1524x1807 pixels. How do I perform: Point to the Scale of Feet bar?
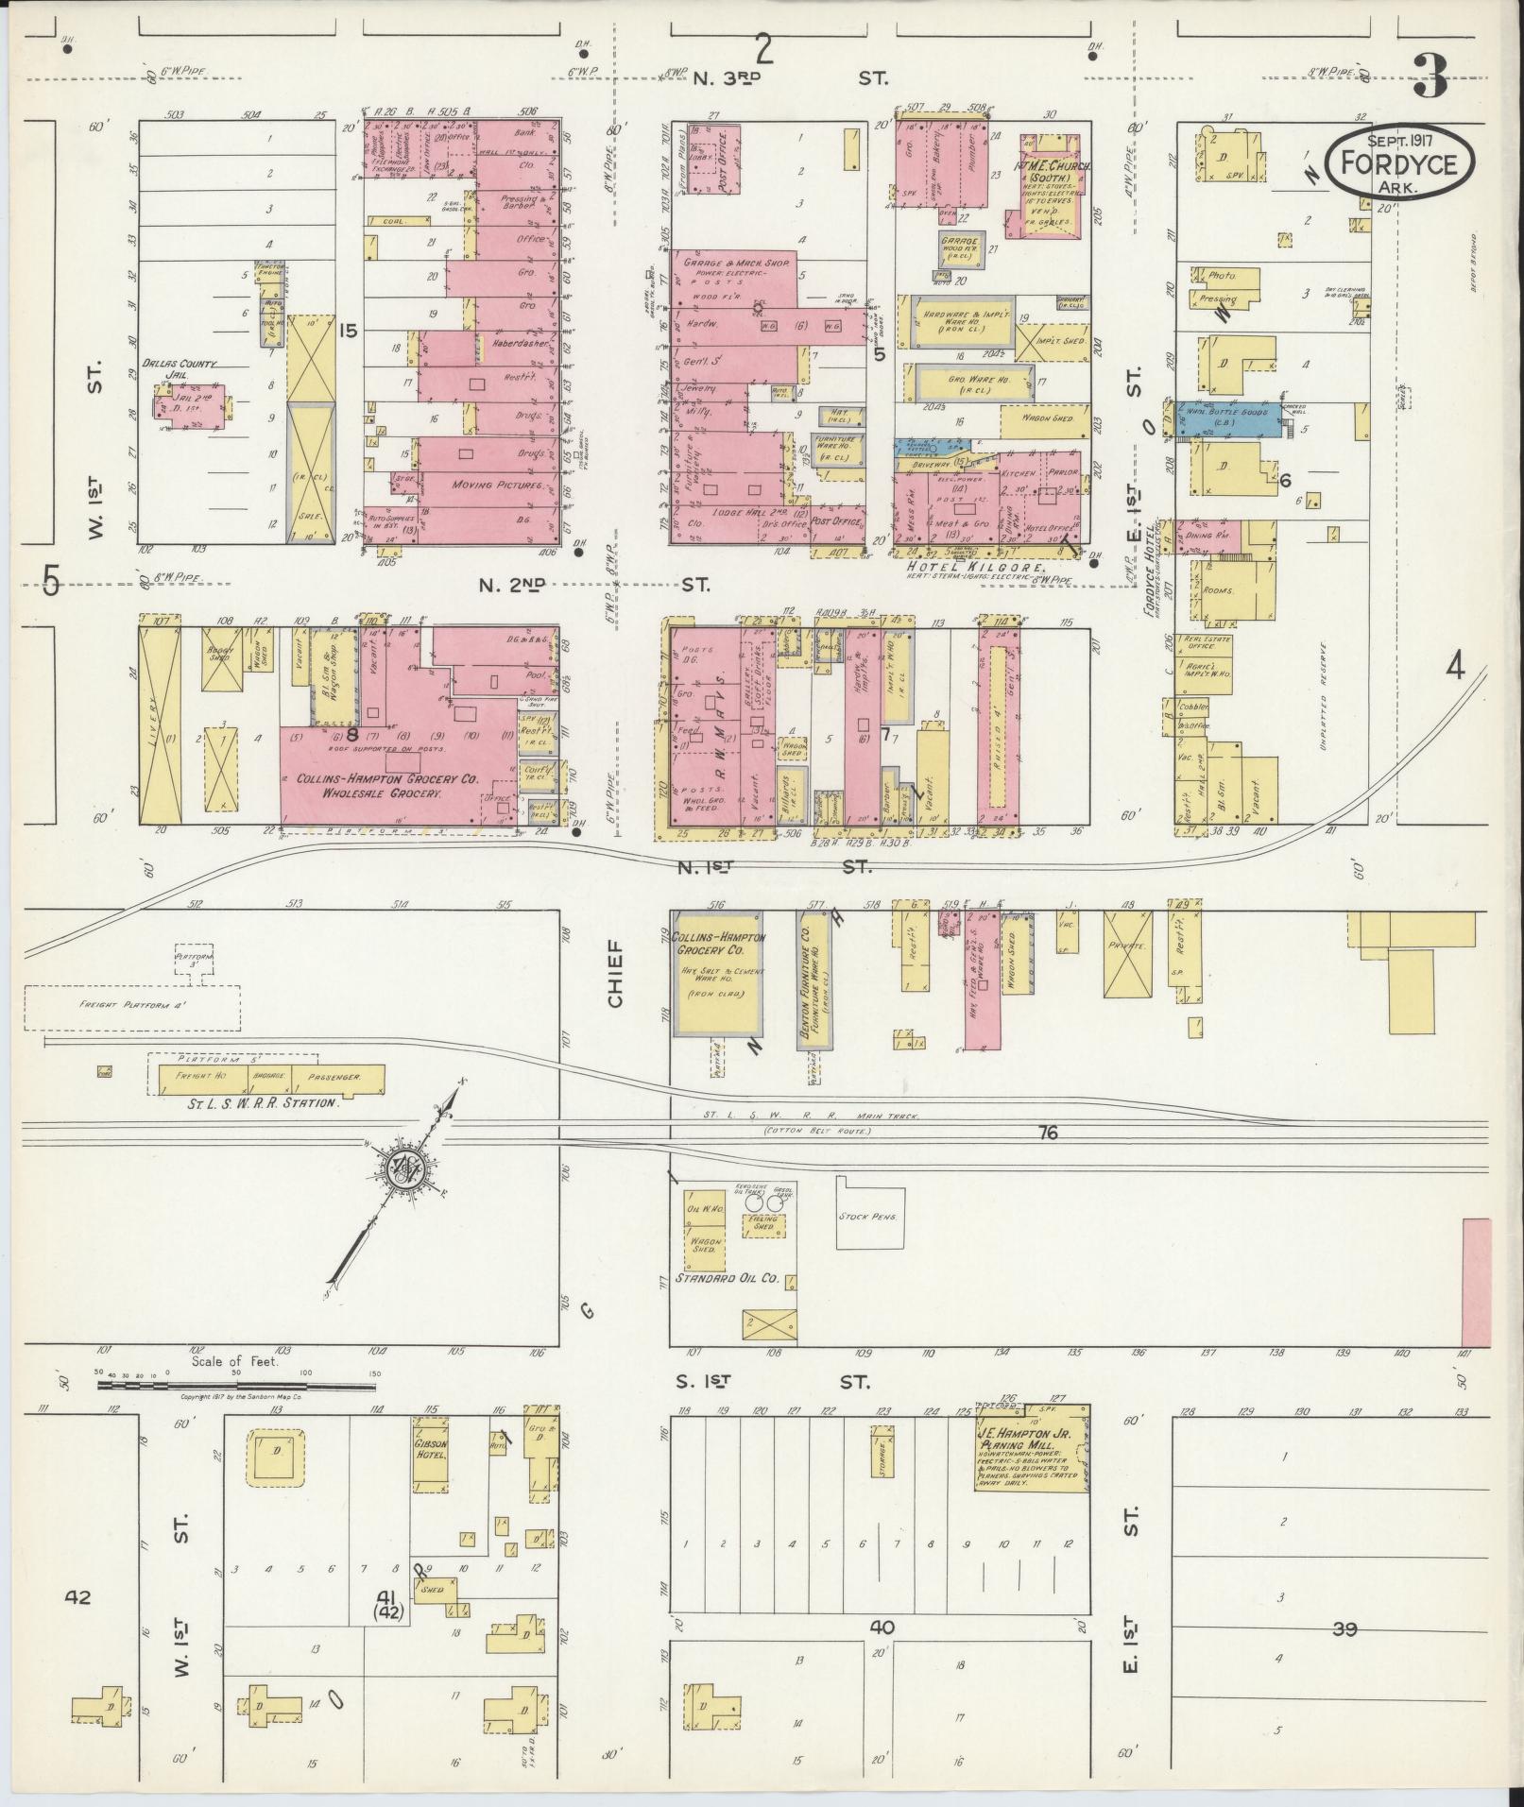point(236,1387)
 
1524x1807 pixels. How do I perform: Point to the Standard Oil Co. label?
point(727,1279)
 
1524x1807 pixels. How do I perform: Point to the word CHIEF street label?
point(616,973)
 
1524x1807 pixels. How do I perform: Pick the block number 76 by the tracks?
point(1046,1133)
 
